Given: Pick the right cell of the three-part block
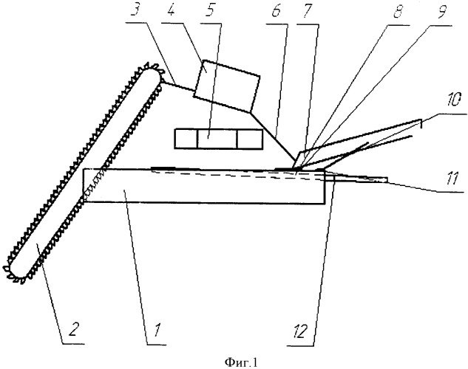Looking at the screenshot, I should coord(250,138).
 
